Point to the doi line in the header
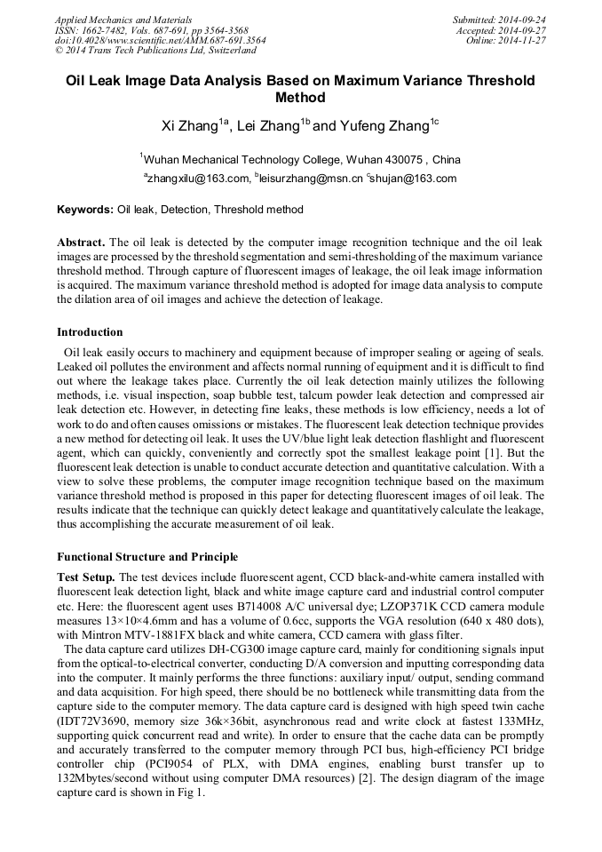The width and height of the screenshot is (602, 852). tap(160, 40)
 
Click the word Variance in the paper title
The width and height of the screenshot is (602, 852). tap(408, 80)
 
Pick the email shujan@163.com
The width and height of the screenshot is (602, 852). tap(415, 179)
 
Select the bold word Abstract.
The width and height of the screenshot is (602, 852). tap(81, 243)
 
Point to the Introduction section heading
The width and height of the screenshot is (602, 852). tap(90, 332)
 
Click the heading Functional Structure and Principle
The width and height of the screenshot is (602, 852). tap(147, 557)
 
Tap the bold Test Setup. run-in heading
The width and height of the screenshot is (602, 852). tap(86, 577)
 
